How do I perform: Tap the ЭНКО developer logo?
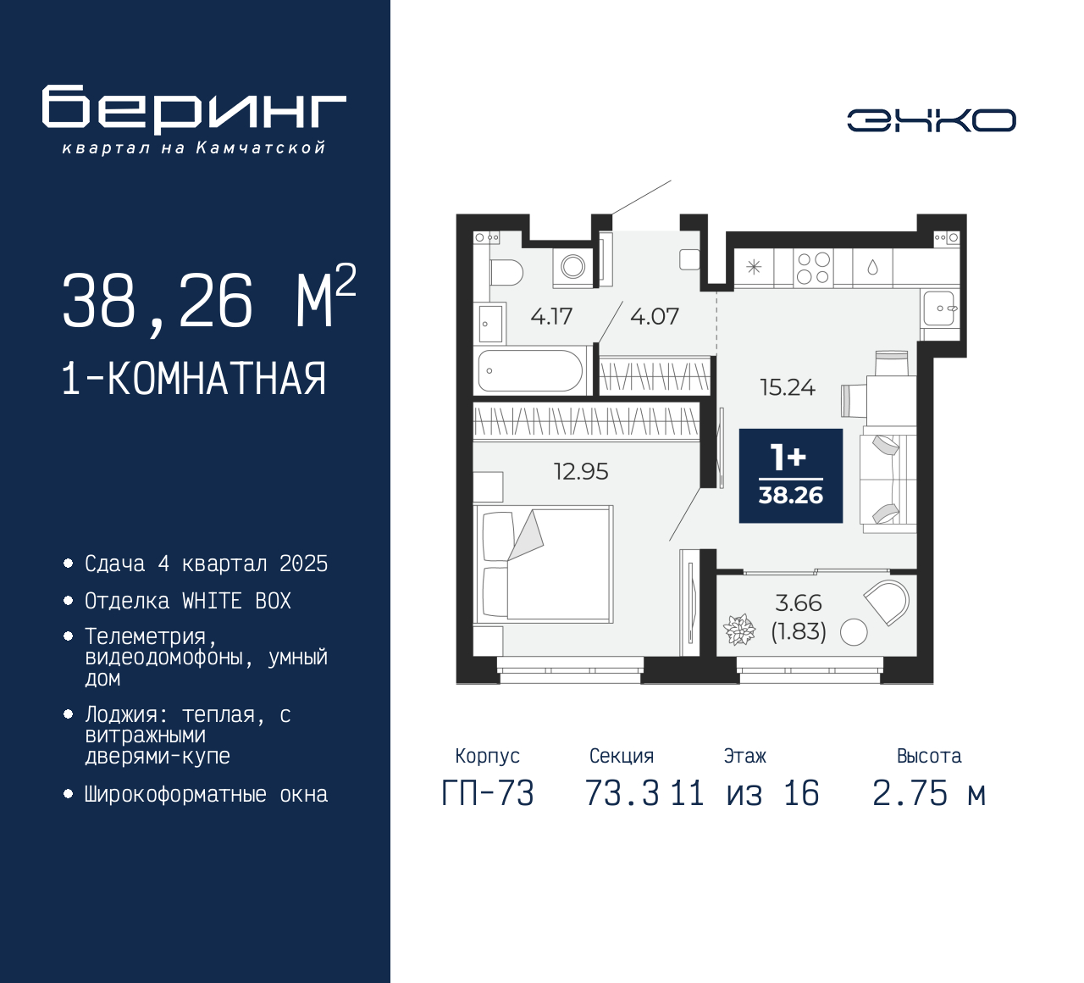point(931,120)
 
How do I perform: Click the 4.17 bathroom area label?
point(551,316)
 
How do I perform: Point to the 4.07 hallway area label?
point(655,316)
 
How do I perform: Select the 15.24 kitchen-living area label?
point(788,387)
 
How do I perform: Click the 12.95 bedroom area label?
point(581,471)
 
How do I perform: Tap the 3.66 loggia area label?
point(798,603)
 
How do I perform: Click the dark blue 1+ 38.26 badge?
point(791,475)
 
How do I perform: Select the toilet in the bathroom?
point(506,272)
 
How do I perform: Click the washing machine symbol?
point(572,267)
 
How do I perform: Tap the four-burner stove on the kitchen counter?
point(813,268)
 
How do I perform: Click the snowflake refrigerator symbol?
point(753,267)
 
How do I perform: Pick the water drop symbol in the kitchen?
point(873,267)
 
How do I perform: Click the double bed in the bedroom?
point(543,564)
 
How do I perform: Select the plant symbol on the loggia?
point(738,630)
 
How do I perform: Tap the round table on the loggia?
point(854,631)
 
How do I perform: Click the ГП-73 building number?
point(488,793)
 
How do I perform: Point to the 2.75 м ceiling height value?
point(929,793)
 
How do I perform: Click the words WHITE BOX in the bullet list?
point(236,601)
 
